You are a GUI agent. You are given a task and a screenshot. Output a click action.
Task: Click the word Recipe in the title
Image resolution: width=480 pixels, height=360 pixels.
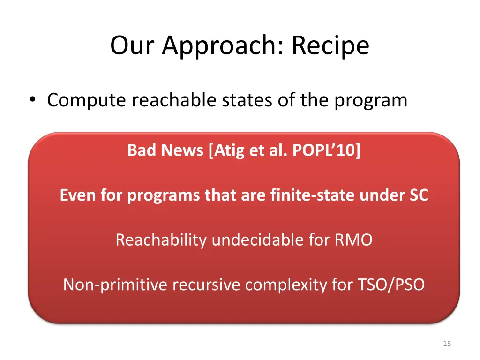click(x=330, y=46)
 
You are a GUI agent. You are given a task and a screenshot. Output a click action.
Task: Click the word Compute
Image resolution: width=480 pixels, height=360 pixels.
click(x=87, y=100)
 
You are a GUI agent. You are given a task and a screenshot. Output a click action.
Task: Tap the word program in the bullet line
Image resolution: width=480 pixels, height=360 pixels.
click(x=370, y=100)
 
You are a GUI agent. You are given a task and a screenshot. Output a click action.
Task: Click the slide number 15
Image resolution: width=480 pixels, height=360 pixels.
click(x=446, y=344)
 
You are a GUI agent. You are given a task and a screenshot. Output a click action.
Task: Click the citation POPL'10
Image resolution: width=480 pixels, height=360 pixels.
click(x=325, y=150)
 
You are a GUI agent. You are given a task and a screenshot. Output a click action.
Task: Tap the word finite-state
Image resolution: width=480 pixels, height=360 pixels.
click(x=313, y=195)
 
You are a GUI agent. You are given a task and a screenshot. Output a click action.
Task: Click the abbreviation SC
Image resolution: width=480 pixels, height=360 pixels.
click(x=418, y=195)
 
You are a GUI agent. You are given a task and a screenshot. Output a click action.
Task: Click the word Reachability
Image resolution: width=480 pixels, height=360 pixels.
click(x=161, y=240)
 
